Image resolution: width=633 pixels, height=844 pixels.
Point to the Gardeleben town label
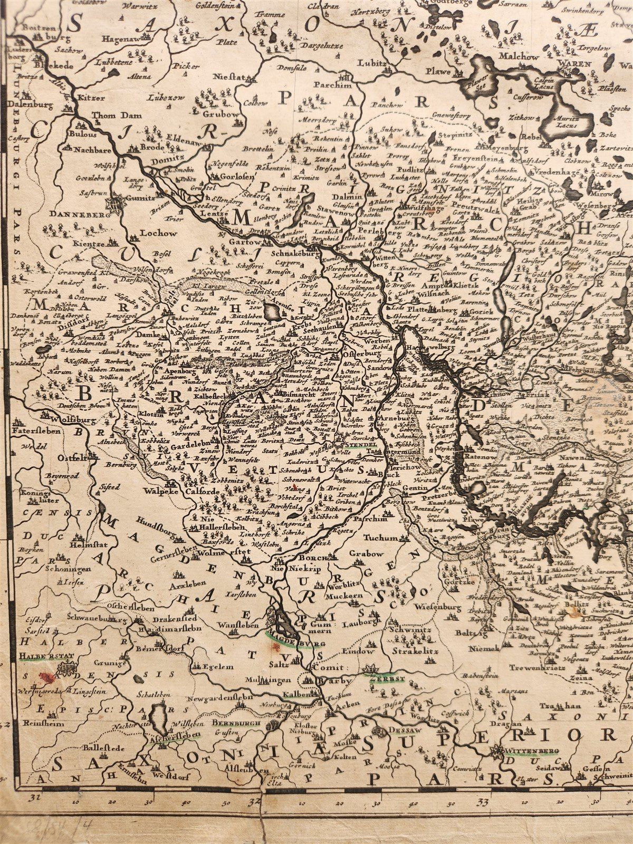click(x=190, y=444)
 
